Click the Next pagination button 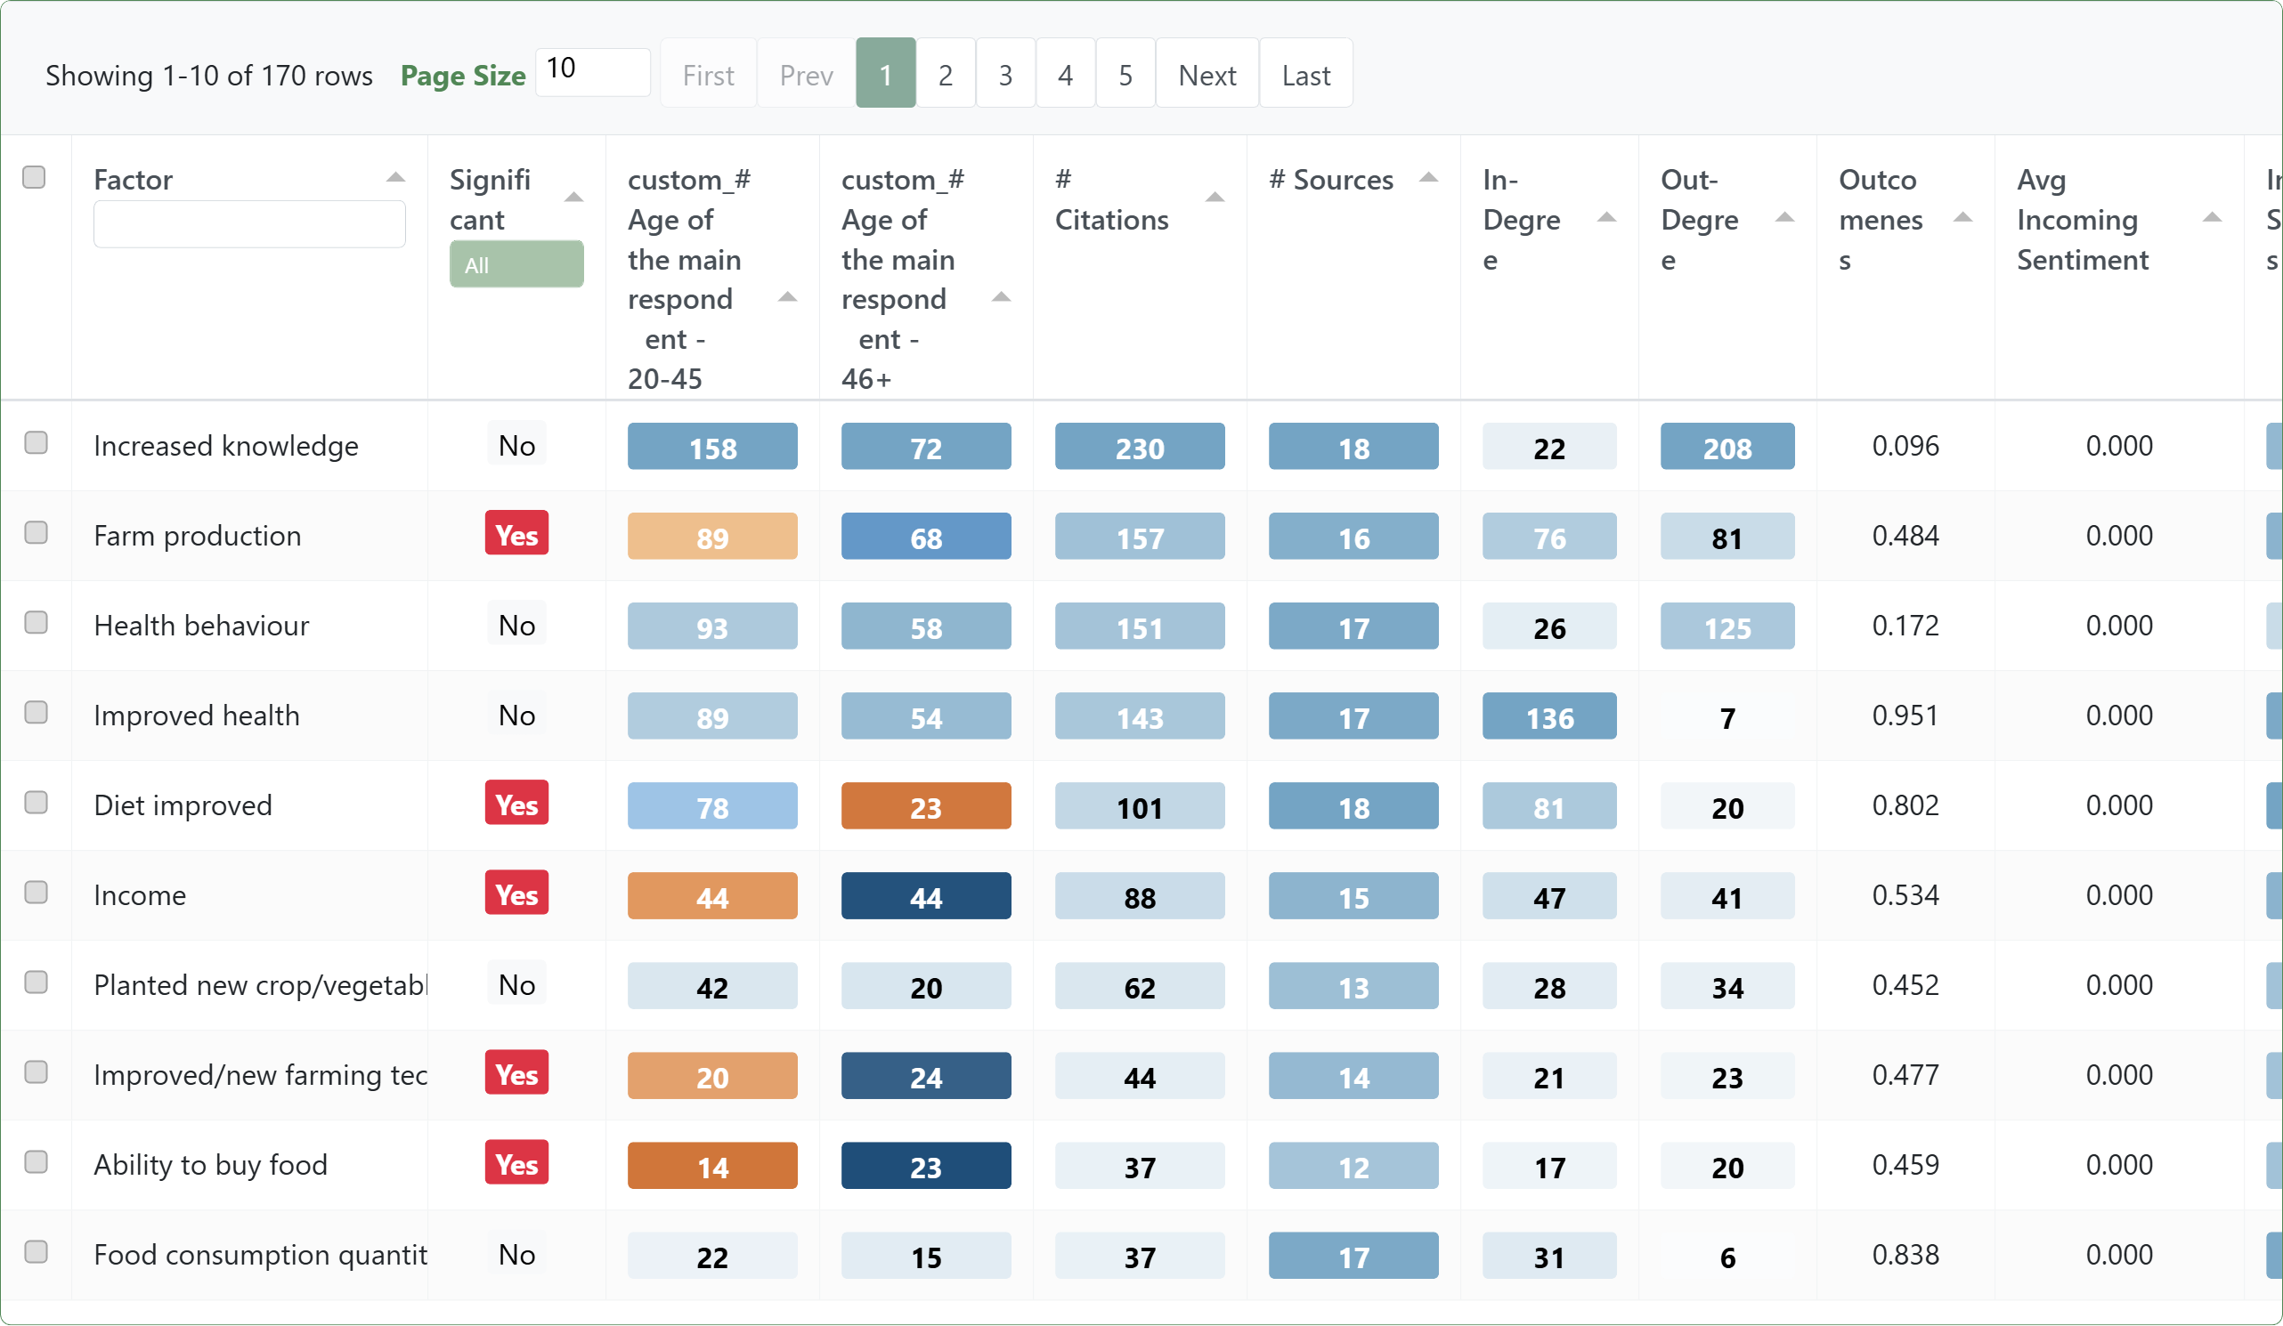(x=1206, y=74)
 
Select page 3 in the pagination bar (x=1004, y=74)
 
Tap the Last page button (x=1305, y=74)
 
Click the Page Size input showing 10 (x=592, y=70)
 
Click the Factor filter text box (x=249, y=223)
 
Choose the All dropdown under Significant (x=516, y=264)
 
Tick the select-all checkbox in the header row (x=35, y=176)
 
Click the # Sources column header (x=1331, y=180)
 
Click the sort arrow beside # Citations (x=1215, y=198)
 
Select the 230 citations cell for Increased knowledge (x=1139, y=447)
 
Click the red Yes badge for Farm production (x=516, y=534)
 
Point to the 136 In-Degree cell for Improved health (x=1548, y=716)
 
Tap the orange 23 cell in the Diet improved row (x=925, y=806)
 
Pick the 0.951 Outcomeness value (x=1905, y=715)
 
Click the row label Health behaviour (x=201, y=625)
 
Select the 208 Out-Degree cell (x=1726, y=447)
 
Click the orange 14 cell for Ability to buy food (x=712, y=1166)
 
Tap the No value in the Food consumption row (x=516, y=1255)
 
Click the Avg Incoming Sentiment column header (x=2081, y=219)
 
